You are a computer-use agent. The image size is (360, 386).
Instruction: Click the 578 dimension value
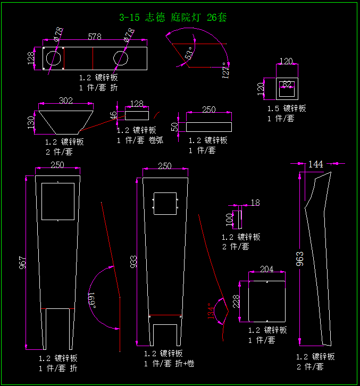tap(95, 37)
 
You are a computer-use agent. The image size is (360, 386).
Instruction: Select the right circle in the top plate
tap(121, 57)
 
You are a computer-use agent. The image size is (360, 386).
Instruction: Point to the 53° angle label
tap(189, 54)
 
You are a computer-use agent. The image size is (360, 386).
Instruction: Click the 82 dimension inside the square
tap(287, 83)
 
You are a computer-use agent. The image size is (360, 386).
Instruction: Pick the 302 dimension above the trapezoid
tap(66, 100)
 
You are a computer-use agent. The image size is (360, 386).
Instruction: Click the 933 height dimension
tap(133, 261)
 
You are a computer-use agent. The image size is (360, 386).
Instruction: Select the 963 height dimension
tap(300, 258)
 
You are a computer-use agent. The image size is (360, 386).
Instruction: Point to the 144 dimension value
tap(316, 164)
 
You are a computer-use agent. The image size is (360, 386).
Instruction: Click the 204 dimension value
tap(266, 270)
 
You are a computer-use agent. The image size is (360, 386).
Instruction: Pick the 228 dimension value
tap(237, 302)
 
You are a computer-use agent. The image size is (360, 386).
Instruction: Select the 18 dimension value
tap(255, 203)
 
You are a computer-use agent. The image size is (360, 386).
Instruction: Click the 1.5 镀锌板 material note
tap(287, 108)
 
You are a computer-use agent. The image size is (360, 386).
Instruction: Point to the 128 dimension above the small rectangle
tap(137, 104)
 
